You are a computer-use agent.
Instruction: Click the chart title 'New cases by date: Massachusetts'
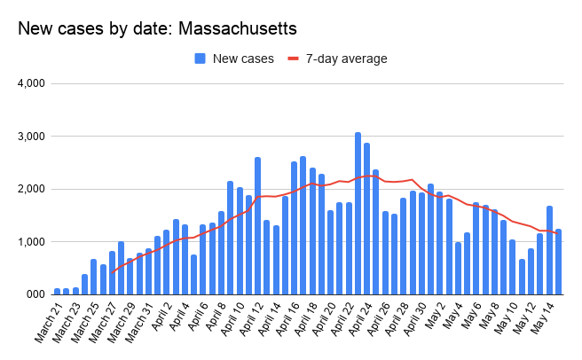[x=157, y=29]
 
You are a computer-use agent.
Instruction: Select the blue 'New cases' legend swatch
[x=201, y=59]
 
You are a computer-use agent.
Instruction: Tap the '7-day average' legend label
[x=346, y=59]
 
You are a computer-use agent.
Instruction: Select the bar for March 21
[x=58, y=291]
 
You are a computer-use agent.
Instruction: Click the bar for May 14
[x=558, y=262]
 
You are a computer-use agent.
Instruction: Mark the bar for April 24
[x=376, y=231]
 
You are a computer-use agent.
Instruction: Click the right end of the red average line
[x=558, y=233]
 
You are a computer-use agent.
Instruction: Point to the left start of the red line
[x=112, y=272]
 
